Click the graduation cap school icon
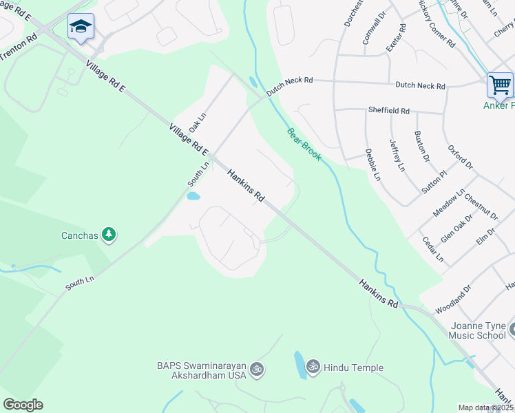[x=81, y=27]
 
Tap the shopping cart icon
[x=500, y=85]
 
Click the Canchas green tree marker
[x=108, y=235]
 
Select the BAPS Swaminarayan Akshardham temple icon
[x=257, y=369]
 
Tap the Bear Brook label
[x=304, y=144]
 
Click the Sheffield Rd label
[x=389, y=110]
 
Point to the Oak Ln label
[x=198, y=118]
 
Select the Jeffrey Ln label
[x=397, y=156]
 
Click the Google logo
[x=23, y=405]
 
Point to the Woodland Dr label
[x=452, y=299]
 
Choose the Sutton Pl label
[x=431, y=181]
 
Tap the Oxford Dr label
[x=460, y=156]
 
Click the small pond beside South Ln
[x=193, y=196]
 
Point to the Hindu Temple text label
[x=354, y=368]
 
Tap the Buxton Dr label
[x=422, y=146]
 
